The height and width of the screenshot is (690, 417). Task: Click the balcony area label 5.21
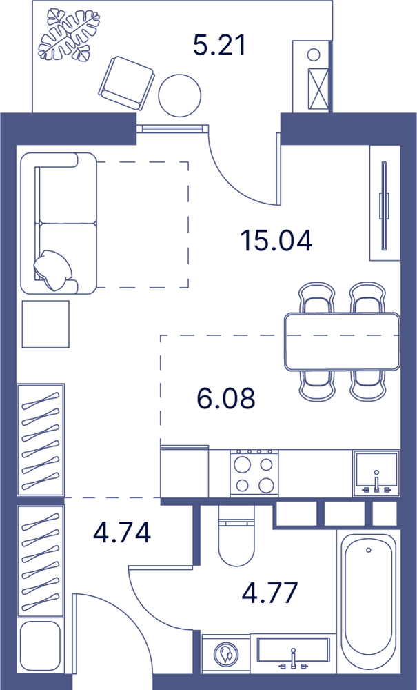pyautogui.click(x=218, y=46)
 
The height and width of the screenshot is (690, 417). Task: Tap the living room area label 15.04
pyautogui.click(x=276, y=241)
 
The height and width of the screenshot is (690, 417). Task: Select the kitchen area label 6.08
pyautogui.click(x=226, y=398)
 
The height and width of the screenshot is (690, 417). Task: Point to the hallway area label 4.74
pyautogui.click(x=122, y=531)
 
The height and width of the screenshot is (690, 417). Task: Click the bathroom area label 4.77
pyautogui.click(x=270, y=592)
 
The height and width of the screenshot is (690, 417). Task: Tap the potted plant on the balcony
pyautogui.click(x=69, y=35)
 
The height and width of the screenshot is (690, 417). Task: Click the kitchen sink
pyautogui.click(x=376, y=473)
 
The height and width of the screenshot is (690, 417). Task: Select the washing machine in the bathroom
pyautogui.click(x=226, y=653)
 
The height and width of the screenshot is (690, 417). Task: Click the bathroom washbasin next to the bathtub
pyautogui.click(x=294, y=653)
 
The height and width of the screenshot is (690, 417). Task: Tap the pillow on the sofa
pyautogui.click(x=54, y=270)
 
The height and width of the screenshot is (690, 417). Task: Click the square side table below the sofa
pyautogui.click(x=45, y=324)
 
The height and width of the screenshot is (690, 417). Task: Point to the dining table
pyautogui.click(x=343, y=341)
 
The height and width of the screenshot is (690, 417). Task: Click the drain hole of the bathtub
pyautogui.click(x=368, y=550)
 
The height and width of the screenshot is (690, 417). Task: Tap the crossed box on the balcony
pyautogui.click(x=318, y=90)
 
